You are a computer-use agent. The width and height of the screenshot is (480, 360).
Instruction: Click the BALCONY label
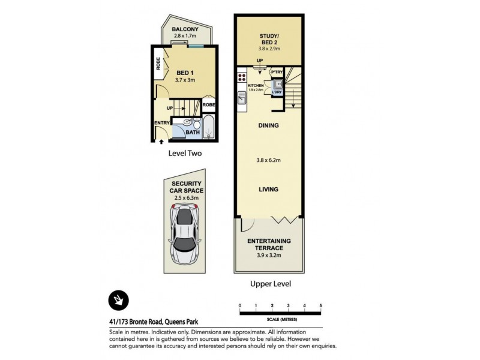(x=185, y=29)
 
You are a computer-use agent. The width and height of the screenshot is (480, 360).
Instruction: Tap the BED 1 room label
(x=185, y=73)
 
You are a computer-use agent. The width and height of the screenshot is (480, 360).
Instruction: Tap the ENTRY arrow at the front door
(x=161, y=142)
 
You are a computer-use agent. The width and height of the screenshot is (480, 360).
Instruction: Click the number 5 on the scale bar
(x=321, y=306)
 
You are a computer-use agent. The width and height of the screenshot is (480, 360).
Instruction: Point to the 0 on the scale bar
(x=240, y=306)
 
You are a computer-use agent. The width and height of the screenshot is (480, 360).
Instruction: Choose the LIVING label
(x=268, y=189)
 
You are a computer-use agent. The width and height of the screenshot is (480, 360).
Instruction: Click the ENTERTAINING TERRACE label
(x=269, y=244)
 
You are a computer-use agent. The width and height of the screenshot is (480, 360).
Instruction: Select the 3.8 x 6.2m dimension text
(x=268, y=160)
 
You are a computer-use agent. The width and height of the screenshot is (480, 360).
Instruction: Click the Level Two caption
(x=185, y=154)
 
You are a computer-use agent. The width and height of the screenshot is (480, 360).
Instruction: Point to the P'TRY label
(x=277, y=73)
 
